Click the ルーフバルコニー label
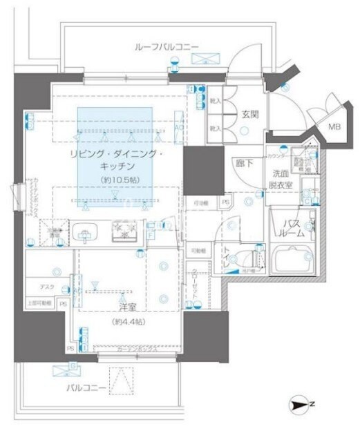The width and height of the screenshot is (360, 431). (167, 47)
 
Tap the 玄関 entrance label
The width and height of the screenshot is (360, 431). (249, 115)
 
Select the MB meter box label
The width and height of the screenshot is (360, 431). (334, 126)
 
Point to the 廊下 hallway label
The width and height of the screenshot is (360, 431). (243, 164)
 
